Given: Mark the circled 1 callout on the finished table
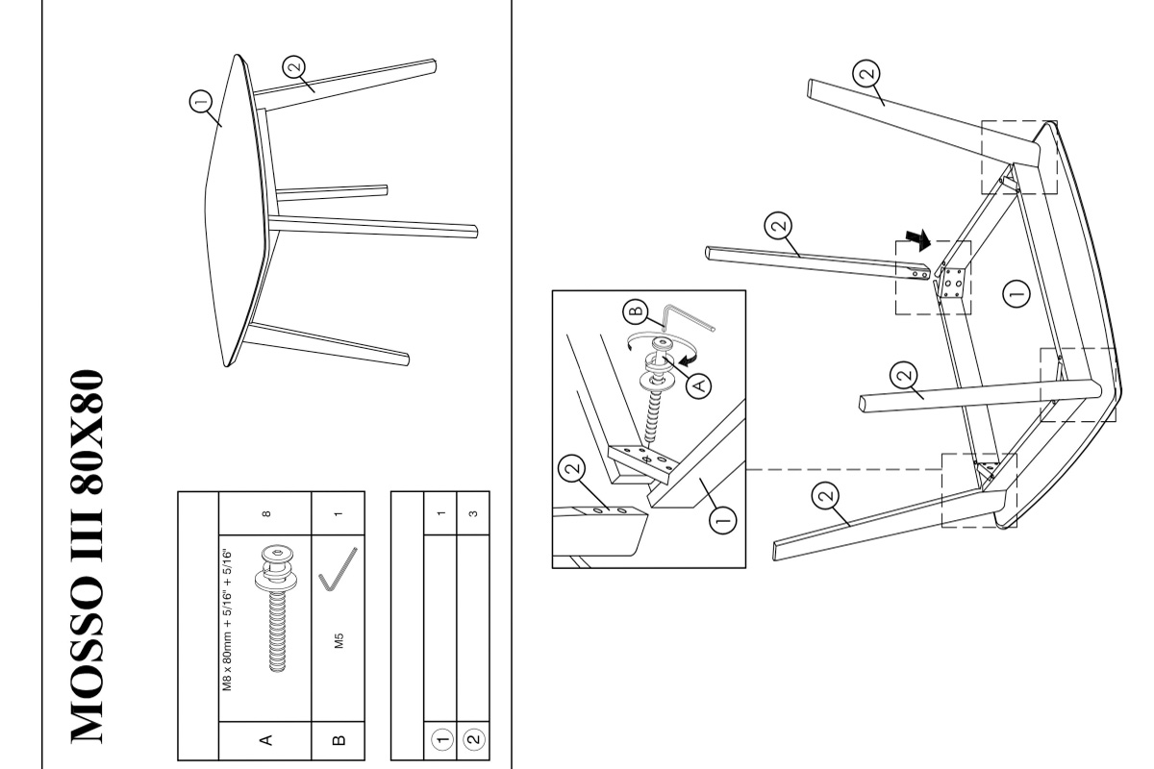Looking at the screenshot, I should (x=200, y=101).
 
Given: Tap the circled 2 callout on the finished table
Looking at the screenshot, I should (x=293, y=67).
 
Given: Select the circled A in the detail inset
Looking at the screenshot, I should (x=700, y=384).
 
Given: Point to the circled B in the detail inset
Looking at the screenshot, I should (x=634, y=312).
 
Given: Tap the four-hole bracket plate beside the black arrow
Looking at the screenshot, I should (x=954, y=285).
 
